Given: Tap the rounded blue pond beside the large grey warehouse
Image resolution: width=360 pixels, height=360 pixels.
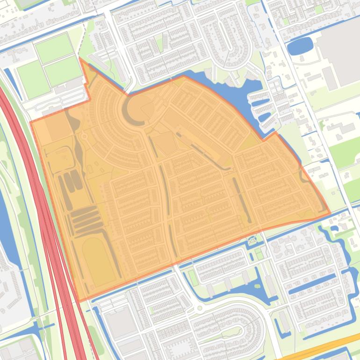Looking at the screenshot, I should point(299,46).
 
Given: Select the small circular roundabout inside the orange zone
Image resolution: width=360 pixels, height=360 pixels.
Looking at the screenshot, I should point(85,136).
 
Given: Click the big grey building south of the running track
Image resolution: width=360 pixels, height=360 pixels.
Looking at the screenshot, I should point(121,323).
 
